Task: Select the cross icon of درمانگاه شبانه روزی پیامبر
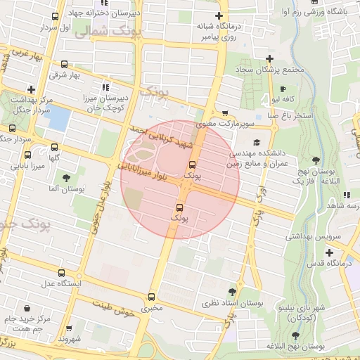point(219,15)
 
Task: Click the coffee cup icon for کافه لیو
point(283,90)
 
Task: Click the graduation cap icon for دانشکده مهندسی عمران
point(255,143)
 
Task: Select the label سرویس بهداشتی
point(312,236)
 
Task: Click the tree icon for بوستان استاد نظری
point(232,292)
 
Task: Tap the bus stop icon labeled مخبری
point(152,297)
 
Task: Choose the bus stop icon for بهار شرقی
point(65,63)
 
